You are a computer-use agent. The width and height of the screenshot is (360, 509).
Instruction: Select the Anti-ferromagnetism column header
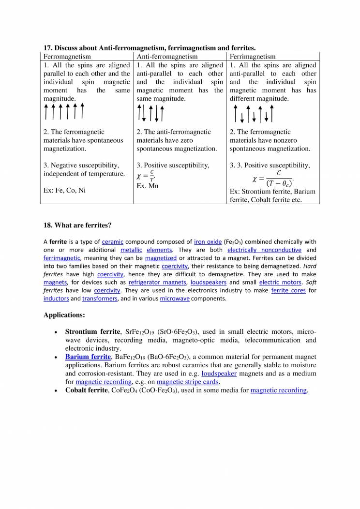click(x=167, y=57)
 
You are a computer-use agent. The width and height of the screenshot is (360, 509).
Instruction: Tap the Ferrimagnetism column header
click(x=253, y=57)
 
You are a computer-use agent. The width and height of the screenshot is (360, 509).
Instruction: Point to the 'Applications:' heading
click(x=64, y=315)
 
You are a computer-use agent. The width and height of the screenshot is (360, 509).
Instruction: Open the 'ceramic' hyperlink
click(x=113, y=242)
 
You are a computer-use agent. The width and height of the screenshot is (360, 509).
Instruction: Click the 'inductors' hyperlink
click(x=56, y=299)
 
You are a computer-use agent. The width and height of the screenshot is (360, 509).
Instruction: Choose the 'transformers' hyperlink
click(x=100, y=299)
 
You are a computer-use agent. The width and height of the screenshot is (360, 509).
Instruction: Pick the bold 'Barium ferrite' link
click(x=88, y=357)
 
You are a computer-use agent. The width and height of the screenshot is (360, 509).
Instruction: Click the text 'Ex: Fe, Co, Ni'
click(x=64, y=191)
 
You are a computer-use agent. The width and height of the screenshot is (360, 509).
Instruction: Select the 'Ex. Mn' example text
click(x=148, y=186)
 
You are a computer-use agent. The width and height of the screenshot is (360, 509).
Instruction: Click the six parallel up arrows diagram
click(x=64, y=111)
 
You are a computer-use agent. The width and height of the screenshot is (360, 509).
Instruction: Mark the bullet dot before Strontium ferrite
click(x=57, y=332)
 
